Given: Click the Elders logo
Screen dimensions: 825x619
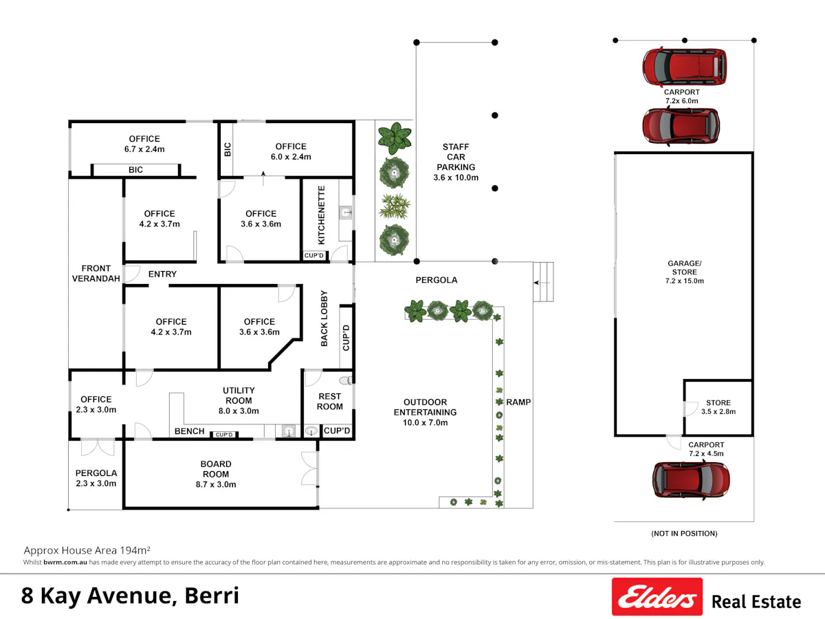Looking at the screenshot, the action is click(x=657, y=596).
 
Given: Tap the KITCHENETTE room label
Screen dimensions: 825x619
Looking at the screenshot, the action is click(x=321, y=215).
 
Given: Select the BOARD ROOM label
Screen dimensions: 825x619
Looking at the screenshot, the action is click(x=216, y=469).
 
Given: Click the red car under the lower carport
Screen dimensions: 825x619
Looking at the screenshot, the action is click(x=691, y=481).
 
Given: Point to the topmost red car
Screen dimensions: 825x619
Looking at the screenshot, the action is click(x=685, y=67).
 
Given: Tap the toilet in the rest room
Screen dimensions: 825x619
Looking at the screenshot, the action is click(x=346, y=381).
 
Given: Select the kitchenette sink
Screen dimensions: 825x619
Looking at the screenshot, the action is click(x=345, y=213).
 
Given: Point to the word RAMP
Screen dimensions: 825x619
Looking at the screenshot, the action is click(x=518, y=402).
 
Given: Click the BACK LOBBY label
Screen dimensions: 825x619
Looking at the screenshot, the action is click(x=324, y=318).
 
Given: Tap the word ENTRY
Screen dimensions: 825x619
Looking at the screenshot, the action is click(x=162, y=274).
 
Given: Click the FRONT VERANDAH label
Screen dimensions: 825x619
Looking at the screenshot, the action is click(x=96, y=273).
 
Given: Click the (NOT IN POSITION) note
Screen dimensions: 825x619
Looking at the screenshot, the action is click(x=684, y=533).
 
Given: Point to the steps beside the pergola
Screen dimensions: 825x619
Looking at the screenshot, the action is click(x=543, y=281).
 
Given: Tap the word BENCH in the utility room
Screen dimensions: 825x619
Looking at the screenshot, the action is click(x=190, y=431).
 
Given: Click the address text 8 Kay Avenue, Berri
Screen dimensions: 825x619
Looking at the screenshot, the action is click(x=130, y=596).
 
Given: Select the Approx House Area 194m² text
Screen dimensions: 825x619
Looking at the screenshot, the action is click(x=87, y=550).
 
